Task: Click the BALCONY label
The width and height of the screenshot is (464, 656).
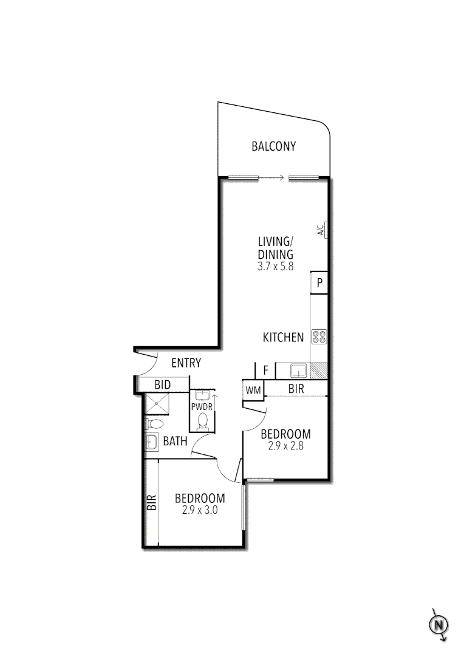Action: (x=273, y=146)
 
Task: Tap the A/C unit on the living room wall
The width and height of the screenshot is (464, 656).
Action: (x=326, y=230)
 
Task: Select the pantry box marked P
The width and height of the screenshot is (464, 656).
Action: (x=319, y=282)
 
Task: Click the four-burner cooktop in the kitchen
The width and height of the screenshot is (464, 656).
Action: (x=319, y=337)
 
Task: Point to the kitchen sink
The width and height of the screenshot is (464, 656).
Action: (x=298, y=370)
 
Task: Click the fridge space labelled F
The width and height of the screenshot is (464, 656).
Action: (x=265, y=369)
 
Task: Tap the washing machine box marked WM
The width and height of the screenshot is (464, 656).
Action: (x=253, y=391)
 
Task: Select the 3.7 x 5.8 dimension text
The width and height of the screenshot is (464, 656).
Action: (x=275, y=266)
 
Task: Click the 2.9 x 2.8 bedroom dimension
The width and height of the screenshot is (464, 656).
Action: (x=285, y=445)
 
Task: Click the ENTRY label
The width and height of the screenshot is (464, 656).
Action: (x=186, y=363)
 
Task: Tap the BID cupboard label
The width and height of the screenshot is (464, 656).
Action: (x=162, y=384)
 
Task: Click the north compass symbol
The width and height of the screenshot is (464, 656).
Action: (x=438, y=624)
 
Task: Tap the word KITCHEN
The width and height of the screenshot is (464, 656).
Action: (x=283, y=337)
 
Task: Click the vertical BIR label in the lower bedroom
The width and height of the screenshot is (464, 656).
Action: (x=151, y=502)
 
